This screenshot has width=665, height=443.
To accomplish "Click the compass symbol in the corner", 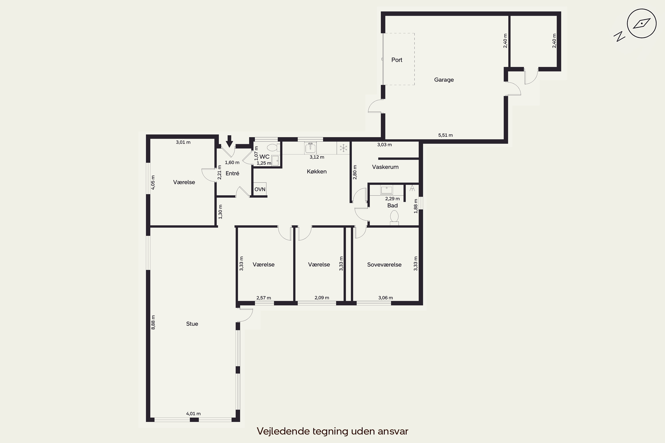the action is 642,23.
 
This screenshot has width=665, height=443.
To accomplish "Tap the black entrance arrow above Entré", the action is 229,141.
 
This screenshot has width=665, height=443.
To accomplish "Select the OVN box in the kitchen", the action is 260,189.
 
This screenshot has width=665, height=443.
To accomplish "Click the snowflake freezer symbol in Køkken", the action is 343,148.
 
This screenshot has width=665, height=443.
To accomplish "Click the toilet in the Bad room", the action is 394,218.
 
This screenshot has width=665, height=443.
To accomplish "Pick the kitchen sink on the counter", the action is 311,148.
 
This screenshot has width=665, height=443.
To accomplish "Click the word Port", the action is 397,60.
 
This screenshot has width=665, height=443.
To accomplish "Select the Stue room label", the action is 192,324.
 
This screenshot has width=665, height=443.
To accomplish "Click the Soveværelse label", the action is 384,265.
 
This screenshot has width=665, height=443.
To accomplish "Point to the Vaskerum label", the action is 385,167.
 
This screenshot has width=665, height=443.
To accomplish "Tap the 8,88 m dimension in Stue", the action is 153,322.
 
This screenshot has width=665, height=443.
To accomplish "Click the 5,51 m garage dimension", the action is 445,135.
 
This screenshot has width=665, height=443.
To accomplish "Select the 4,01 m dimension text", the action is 193,414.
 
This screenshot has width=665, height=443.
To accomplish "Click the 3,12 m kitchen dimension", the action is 317,157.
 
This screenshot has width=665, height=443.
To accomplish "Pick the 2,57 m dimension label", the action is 264,298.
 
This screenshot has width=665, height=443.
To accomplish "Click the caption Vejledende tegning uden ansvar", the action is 332,431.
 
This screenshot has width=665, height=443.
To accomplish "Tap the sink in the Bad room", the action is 386,190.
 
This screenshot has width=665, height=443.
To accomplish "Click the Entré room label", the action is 232,173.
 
